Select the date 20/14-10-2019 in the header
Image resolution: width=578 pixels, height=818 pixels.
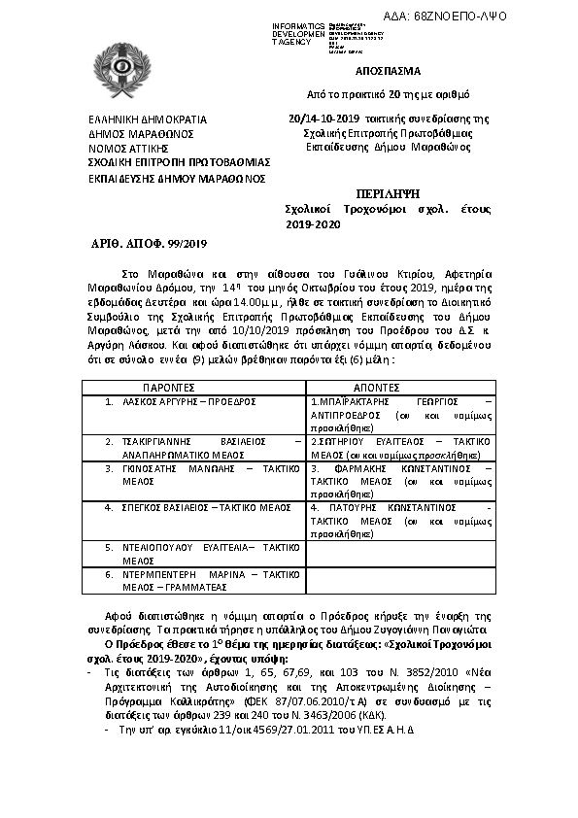click(x=326, y=119)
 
